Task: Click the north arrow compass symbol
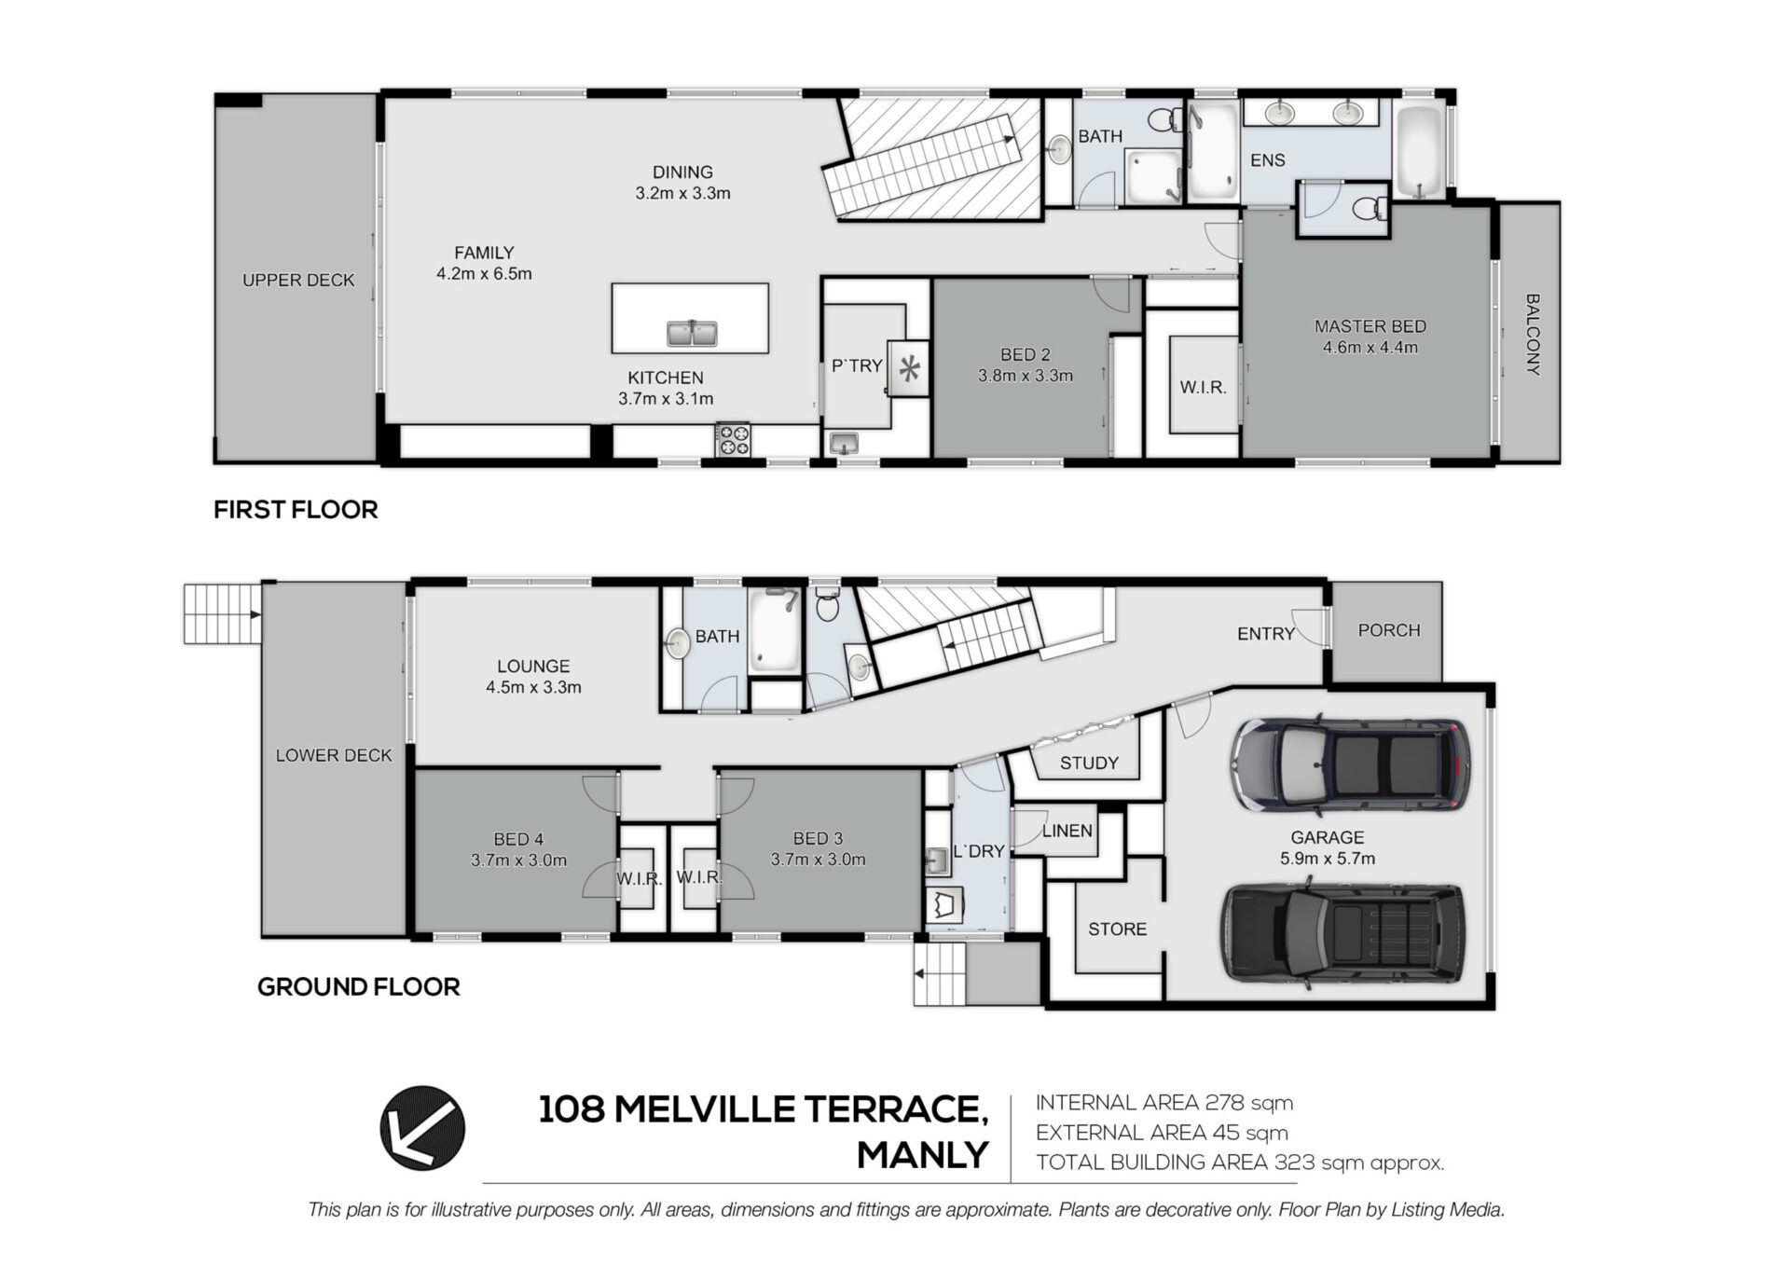click(x=422, y=1127)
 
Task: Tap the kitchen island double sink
click(x=692, y=332)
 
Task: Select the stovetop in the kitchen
click(x=733, y=440)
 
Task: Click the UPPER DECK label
click(x=298, y=280)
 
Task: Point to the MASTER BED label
click(x=1370, y=326)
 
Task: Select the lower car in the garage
click(x=1343, y=934)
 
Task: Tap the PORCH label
click(x=1389, y=630)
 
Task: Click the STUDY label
click(x=1089, y=763)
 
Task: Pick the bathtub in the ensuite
click(x=1419, y=152)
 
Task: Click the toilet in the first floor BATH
click(x=1162, y=119)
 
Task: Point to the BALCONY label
click(x=1532, y=335)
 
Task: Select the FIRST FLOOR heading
click(x=296, y=510)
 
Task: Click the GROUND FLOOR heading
click(x=359, y=987)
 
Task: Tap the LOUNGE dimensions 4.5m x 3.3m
click(x=533, y=687)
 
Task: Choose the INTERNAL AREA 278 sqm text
click(x=1164, y=1103)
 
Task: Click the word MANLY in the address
click(x=922, y=1155)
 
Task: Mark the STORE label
click(x=1117, y=929)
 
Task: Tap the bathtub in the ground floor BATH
click(x=775, y=629)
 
